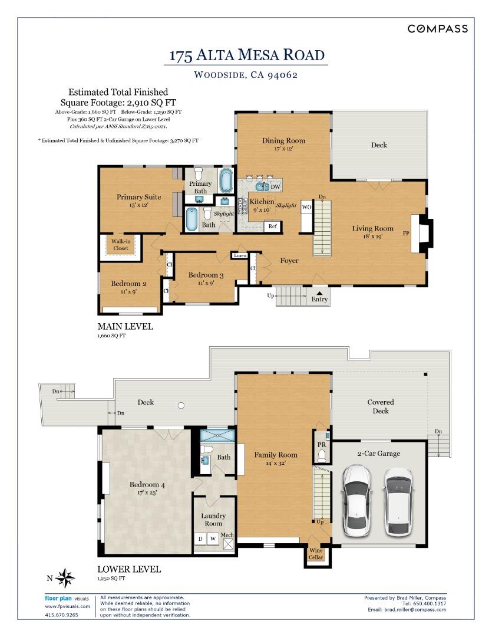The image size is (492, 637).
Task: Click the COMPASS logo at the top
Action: point(438,28)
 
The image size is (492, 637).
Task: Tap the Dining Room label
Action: point(283,140)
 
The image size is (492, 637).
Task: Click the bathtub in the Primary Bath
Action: point(227,180)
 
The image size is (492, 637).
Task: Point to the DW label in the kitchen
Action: point(275,187)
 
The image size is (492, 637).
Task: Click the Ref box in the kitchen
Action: point(273,226)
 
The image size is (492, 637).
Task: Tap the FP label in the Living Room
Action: point(407,234)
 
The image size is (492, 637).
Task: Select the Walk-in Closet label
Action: point(120,244)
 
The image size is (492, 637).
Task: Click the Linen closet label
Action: point(240,256)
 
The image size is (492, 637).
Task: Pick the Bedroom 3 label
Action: point(206,275)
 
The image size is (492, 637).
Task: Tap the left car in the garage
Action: point(357,500)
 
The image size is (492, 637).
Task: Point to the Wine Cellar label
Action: point(316,554)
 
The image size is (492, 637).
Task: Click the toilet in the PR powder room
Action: point(322,456)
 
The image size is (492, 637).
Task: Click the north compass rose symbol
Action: point(66,577)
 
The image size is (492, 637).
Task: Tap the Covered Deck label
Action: point(381,406)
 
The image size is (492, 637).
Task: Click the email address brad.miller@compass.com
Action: point(416,610)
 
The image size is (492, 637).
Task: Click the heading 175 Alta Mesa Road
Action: point(246,55)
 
